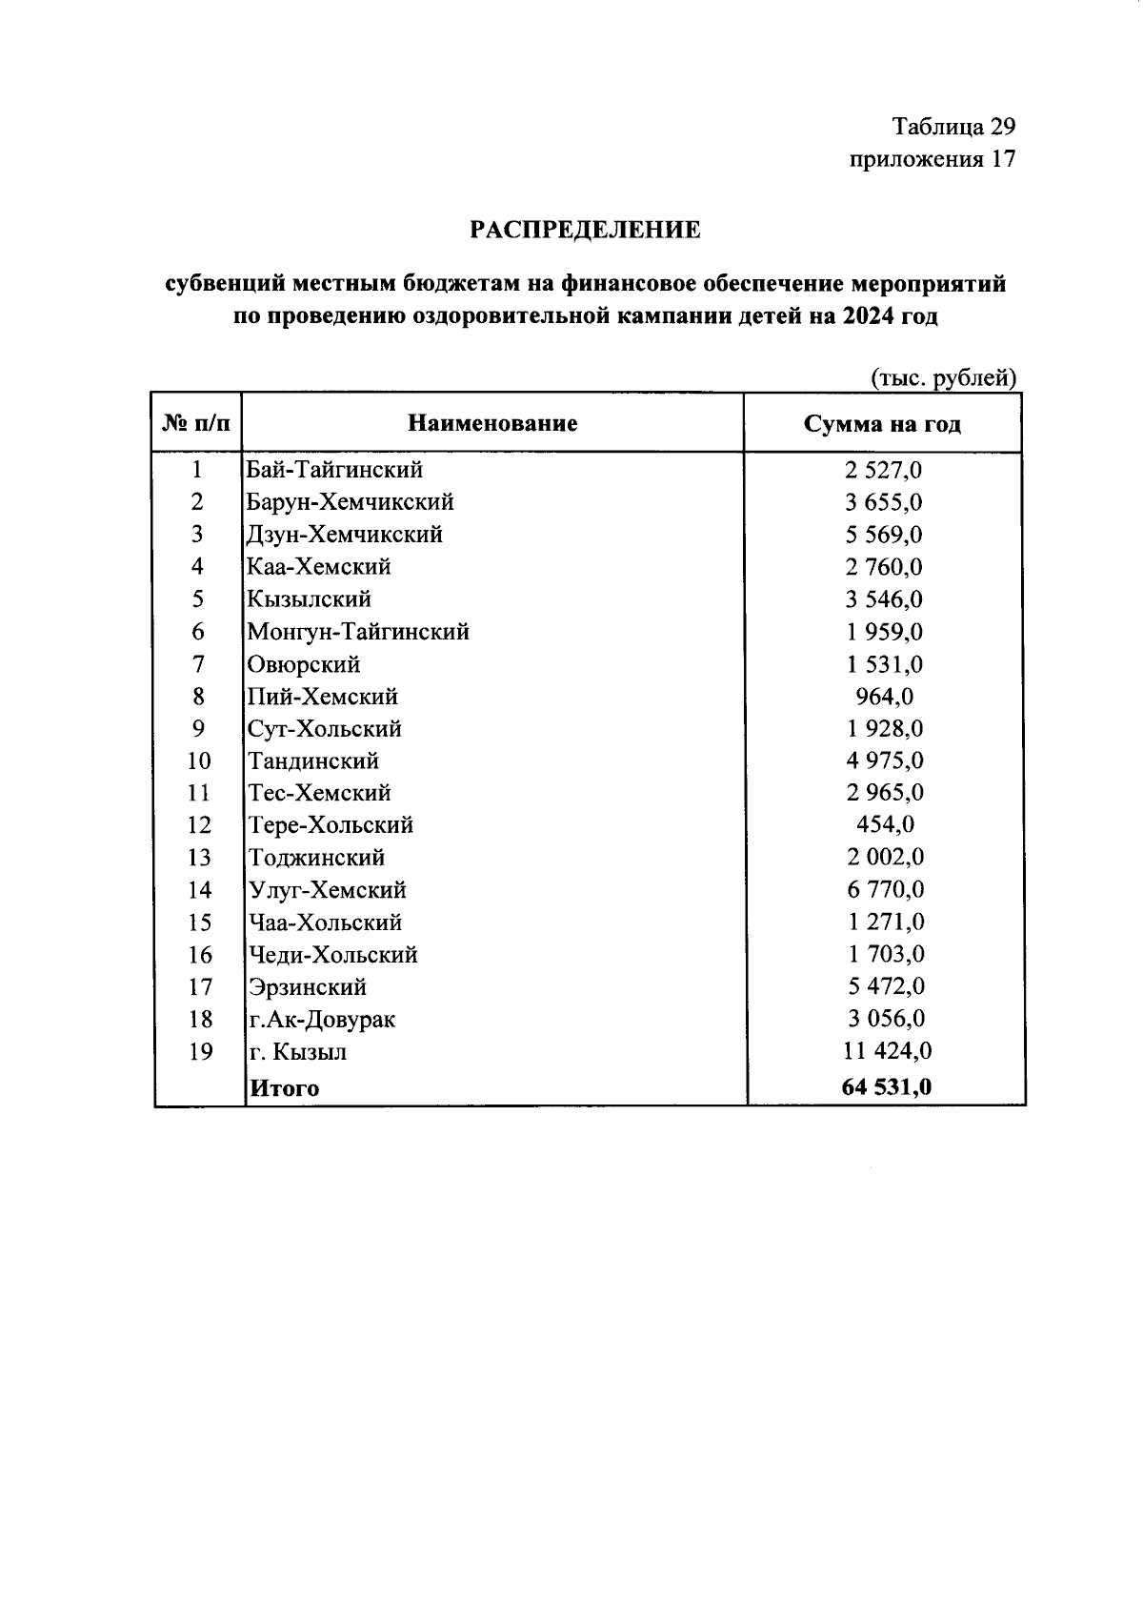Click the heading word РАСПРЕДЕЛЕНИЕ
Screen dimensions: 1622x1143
(586, 230)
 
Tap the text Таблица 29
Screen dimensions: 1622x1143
(953, 126)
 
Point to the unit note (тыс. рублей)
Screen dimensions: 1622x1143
(944, 378)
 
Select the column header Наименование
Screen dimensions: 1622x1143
(492, 423)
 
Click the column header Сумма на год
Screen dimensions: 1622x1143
(882, 424)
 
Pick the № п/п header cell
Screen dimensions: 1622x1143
(197, 423)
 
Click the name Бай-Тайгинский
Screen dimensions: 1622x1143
(334, 470)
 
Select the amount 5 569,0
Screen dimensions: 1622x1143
(885, 535)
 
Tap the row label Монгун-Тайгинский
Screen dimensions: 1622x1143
(358, 632)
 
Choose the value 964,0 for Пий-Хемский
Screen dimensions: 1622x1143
(885, 697)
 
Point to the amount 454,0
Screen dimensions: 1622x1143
(885, 825)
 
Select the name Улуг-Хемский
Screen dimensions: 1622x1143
(327, 890)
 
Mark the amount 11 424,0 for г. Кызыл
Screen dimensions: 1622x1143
(885, 1051)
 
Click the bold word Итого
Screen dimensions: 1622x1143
(284, 1088)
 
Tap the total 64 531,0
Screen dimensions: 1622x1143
(885, 1087)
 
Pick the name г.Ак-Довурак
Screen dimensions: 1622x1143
(321, 1020)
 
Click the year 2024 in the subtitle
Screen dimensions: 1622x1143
(868, 316)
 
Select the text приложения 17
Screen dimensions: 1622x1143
(932, 158)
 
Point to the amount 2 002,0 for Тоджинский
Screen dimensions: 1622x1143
(885, 858)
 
